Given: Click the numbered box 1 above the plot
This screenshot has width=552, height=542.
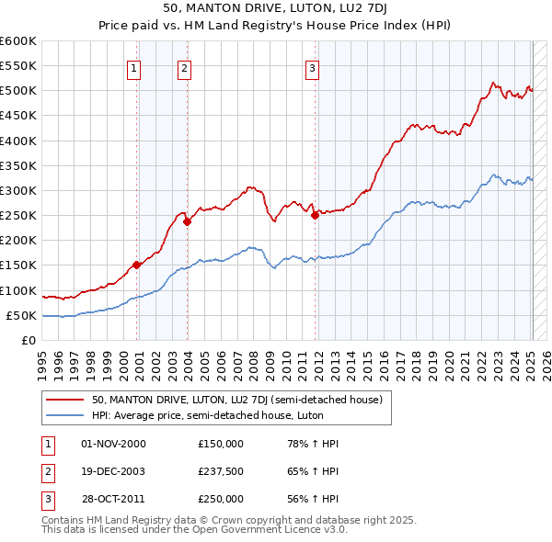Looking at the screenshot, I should [134, 67].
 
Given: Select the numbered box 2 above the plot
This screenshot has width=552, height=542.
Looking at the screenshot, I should [184, 67].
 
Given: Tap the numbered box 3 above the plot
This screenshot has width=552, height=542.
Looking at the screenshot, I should [312, 67].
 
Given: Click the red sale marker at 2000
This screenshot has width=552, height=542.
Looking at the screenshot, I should [137, 265].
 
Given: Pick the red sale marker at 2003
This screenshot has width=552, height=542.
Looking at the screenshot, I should [187, 221].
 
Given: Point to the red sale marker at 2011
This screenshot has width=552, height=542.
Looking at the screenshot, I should [315, 215].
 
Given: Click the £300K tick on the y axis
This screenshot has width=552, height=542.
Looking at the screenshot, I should [17, 190].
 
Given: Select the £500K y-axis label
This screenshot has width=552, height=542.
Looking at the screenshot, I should [17, 91].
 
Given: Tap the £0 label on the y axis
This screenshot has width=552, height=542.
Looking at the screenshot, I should [28, 340].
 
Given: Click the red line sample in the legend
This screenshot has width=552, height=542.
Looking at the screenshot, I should [65, 400].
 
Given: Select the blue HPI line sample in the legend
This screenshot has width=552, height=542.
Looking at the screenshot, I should [65, 416].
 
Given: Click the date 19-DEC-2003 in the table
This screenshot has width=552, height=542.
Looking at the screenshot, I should [113, 471].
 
